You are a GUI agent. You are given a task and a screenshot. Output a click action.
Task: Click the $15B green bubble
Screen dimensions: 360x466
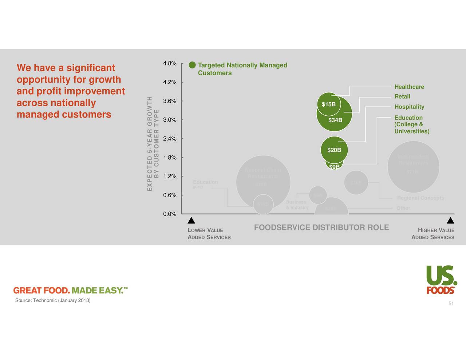329,104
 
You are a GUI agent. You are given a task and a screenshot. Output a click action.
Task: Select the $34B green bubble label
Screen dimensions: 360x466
335,120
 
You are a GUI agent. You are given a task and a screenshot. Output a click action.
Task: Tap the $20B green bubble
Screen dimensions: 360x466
334,150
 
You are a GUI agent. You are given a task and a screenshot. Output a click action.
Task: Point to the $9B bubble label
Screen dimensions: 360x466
334,167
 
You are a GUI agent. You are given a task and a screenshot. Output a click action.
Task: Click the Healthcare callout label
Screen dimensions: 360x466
409,87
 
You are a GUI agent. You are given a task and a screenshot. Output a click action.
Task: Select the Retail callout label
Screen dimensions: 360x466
402,96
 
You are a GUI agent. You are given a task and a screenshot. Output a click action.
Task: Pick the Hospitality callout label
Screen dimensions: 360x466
409,107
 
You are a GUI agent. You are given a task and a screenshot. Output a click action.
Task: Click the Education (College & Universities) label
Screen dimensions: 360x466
412,124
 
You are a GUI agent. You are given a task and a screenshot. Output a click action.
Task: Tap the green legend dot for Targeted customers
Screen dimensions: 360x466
192,65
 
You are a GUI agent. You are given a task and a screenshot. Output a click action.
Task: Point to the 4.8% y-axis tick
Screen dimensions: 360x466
170,63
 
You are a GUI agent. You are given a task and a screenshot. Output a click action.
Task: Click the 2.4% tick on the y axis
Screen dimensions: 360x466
170,139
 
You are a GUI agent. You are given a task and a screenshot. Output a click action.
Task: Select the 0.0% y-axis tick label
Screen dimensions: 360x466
170,214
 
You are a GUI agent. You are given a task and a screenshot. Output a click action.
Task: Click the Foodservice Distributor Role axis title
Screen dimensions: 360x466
321,228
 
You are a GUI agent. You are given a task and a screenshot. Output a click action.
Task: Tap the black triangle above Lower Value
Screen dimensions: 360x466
191,221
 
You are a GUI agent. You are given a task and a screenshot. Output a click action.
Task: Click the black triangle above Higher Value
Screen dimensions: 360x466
450,221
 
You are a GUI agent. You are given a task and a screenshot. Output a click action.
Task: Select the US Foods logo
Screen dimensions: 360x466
441,280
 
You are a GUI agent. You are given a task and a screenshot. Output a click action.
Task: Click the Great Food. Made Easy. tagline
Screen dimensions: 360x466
70,290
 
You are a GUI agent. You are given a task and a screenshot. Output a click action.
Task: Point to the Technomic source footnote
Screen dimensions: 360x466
53,300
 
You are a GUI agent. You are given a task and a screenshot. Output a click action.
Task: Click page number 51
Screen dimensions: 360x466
451,304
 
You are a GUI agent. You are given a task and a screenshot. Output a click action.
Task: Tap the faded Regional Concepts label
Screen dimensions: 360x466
420,198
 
